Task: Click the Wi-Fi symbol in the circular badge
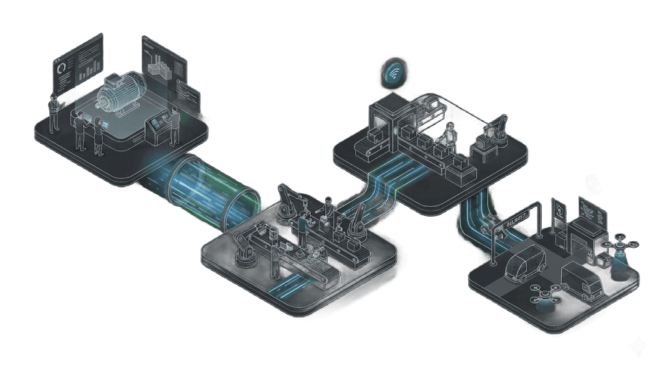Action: (x=393, y=74)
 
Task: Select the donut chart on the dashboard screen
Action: (x=61, y=67)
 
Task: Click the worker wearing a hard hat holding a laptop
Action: (x=53, y=111)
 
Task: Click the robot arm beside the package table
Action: (x=499, y=128)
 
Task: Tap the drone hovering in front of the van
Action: (x=545, y=293)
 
